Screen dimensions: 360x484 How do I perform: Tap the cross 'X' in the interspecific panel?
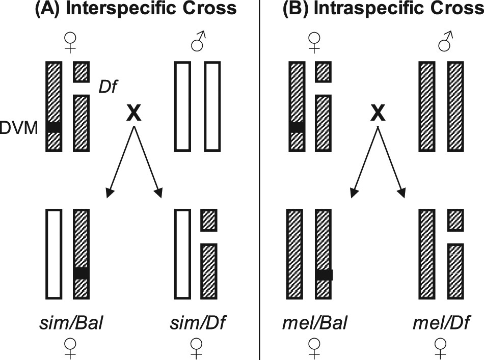134,114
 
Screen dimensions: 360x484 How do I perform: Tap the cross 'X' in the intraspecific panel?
377,114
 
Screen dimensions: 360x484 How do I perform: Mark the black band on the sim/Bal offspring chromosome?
81,273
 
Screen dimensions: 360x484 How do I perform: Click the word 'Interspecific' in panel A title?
124,9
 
